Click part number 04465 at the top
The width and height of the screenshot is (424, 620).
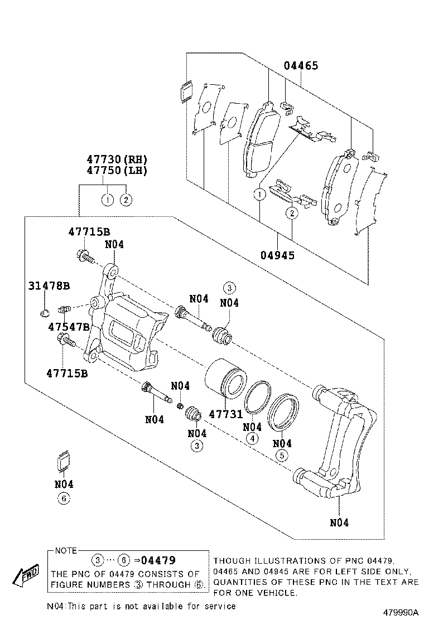[301, 66]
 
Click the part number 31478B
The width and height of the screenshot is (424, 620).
[49, 286]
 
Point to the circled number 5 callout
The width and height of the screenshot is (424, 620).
[282, 456]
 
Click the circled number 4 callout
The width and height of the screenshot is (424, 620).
[252, 438]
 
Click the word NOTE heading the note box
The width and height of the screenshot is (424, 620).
[66, 551]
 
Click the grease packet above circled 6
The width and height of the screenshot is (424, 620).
[63, 462]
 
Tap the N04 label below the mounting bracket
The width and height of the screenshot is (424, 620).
[339, 522]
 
